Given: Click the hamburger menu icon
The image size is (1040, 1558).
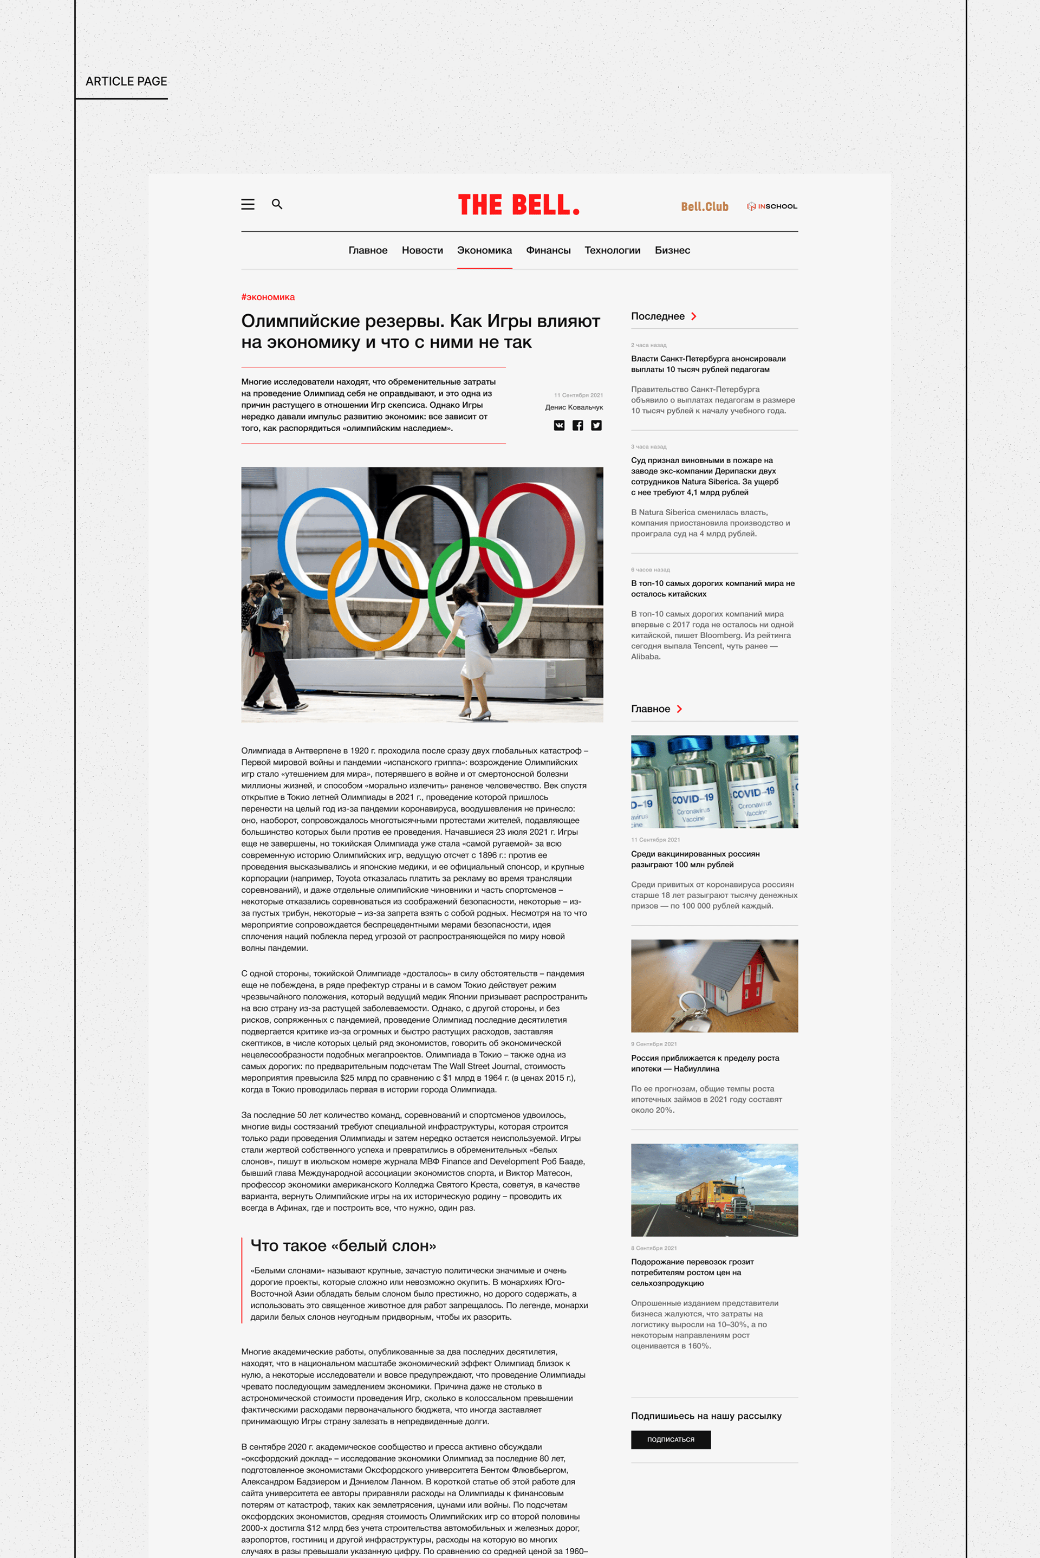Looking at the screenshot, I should click(248, 204).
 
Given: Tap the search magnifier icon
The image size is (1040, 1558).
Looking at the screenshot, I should click(277, 204).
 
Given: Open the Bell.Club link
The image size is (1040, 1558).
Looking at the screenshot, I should click(704, 207).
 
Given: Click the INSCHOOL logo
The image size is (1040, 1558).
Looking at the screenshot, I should click(772, 206).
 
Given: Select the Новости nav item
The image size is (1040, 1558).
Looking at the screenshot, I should click(422, 251).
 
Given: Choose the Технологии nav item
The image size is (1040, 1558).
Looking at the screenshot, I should click(612, 251).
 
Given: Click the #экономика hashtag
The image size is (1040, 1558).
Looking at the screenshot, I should click(268, 297).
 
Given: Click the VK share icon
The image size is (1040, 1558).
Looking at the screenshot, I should click(559, 426).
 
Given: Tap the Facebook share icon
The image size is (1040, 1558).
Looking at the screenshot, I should click(578, 426).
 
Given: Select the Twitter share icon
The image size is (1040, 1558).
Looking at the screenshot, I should click(596, 426).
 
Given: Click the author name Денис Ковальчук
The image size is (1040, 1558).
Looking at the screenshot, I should click(574, 407).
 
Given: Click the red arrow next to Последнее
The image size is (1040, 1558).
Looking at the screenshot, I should click(694, 316).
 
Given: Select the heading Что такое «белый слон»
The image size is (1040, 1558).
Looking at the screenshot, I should click(343, 1245).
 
